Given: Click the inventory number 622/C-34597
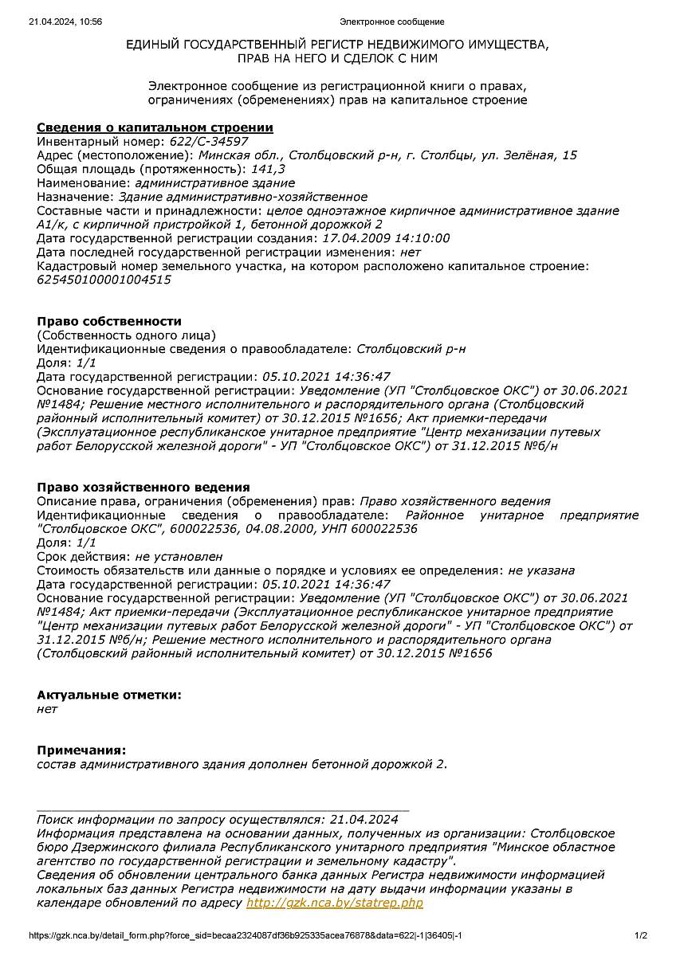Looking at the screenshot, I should [x=192, y=142].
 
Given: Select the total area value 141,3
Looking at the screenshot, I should [x=269, y=169].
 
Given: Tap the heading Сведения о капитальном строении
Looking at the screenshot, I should [x=155, y=127].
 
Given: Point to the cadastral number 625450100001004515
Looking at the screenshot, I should [x=104, y=280].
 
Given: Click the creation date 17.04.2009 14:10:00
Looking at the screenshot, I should [x=386, y=238].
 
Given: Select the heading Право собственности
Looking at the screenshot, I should [x=109, y=321].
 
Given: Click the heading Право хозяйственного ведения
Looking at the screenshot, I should [x=143, y=487].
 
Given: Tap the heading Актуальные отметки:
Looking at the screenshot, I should [x=109, y=695].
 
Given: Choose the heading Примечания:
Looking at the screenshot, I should [x=81, y=750].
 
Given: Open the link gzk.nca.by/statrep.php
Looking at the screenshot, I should [x=335, y=903].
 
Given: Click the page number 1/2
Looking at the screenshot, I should [x=641, y=935].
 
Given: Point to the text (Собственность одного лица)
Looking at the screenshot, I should [x=126, y=335].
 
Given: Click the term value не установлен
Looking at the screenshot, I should [x=179, y=556].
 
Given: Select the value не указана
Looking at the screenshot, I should [x=541, y=570].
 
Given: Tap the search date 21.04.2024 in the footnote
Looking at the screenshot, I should [x=364, y=819].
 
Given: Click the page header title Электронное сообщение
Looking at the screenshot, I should [x=391, y=22].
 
